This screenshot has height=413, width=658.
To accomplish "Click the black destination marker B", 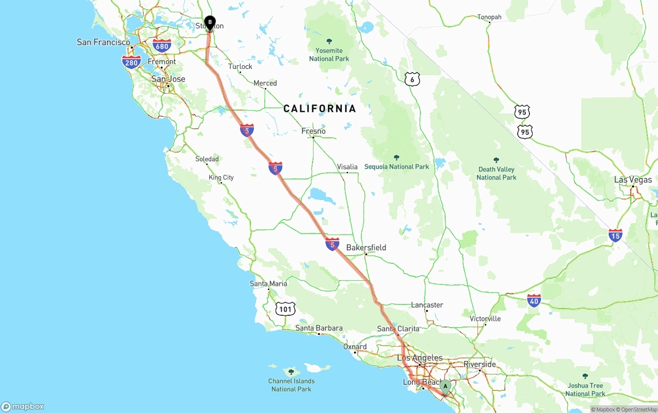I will pyautogui.click(x=209, y=22).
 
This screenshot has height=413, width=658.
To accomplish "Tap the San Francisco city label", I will pyautogui.click(x=103, y=42).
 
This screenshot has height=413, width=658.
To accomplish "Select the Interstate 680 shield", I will pyautogui.click(x=162, y=46).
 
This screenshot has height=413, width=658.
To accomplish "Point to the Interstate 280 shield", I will pyautogui.click(x=132, y=63).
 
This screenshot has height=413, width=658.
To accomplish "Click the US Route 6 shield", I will pyautogui.click(x=412, y=79).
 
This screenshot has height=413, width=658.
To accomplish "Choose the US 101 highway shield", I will pyautogui.click(x=285, y=309).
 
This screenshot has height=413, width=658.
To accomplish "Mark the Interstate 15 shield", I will pyautogui.click(x=615, y=236).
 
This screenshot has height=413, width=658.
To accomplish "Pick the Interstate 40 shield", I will pyautogui.click(x=534, y=301).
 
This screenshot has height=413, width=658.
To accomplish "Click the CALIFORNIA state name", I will pyautogui.click(x=320, y=109).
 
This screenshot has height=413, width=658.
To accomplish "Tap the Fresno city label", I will pyautogui.click(x=314, y=131).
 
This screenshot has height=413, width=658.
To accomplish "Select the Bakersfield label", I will pyautogui.click(x=366, y=247).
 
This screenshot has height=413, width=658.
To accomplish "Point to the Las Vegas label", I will pyautogui.click(x=633, y=180).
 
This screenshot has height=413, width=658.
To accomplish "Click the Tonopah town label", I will pyautogui.click(x=489, y=17).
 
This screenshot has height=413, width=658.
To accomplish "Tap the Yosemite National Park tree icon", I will pyautogui.click(x=329, y=41).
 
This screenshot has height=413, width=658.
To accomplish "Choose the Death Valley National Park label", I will pyautogui.click(x=496, y=173).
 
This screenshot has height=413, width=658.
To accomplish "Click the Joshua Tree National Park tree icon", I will pyautogui.click(x=585, y=376).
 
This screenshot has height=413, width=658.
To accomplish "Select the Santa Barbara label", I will pyautogui.click(x=319, y=328).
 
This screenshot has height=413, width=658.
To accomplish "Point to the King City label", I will pyautogui.click(x=221, y=177).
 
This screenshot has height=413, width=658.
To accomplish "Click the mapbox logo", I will pyautogui.click(x=23, y=406).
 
